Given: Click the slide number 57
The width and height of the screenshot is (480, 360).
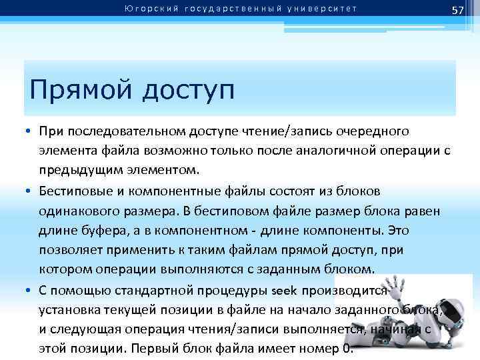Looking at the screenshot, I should [x=457, y=10].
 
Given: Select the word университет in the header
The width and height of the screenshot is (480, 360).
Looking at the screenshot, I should [x=326, y=9].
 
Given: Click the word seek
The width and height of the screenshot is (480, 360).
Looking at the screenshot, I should [x=285, y=292].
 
